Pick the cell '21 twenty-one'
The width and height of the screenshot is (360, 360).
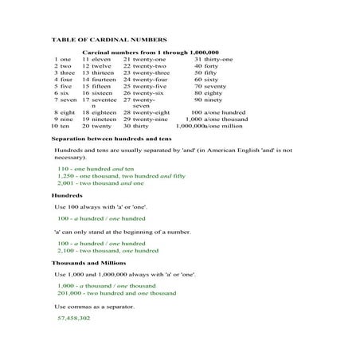pos(145,59)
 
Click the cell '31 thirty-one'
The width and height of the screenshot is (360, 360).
pos(213,59)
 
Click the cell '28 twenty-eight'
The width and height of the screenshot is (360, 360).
pos(147,112)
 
